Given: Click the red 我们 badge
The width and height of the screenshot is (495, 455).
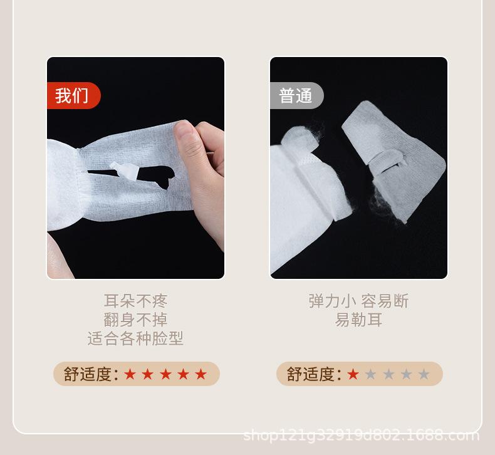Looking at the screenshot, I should pos(72,96).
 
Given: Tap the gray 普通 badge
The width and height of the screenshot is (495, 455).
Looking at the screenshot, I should pos(296,96).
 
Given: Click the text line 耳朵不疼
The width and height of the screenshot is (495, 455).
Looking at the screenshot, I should pos(136,301).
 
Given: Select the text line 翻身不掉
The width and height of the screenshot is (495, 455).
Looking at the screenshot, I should pos(136,320).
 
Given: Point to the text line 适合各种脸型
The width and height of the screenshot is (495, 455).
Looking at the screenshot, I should pos(136,339).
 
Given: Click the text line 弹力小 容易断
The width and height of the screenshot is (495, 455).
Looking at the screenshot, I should pos(358,301).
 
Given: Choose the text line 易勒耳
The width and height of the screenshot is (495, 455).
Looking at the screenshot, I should pos(358,320).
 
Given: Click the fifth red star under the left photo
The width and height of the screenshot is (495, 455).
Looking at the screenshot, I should pos(201,375).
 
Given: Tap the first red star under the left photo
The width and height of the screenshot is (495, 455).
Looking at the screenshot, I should pos(130,375).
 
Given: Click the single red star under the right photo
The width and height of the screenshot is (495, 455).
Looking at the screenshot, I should pos(353,375).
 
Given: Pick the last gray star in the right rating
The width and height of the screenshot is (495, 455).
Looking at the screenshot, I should pos(424,375).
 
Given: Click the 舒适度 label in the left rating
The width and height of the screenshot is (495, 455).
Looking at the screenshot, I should pos(91,375).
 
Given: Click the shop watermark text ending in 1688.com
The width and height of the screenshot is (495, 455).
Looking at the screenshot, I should pos(361,435).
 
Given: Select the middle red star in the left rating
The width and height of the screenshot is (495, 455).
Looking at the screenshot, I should pos(165,375).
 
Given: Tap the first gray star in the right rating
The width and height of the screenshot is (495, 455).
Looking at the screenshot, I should pos(371,375).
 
